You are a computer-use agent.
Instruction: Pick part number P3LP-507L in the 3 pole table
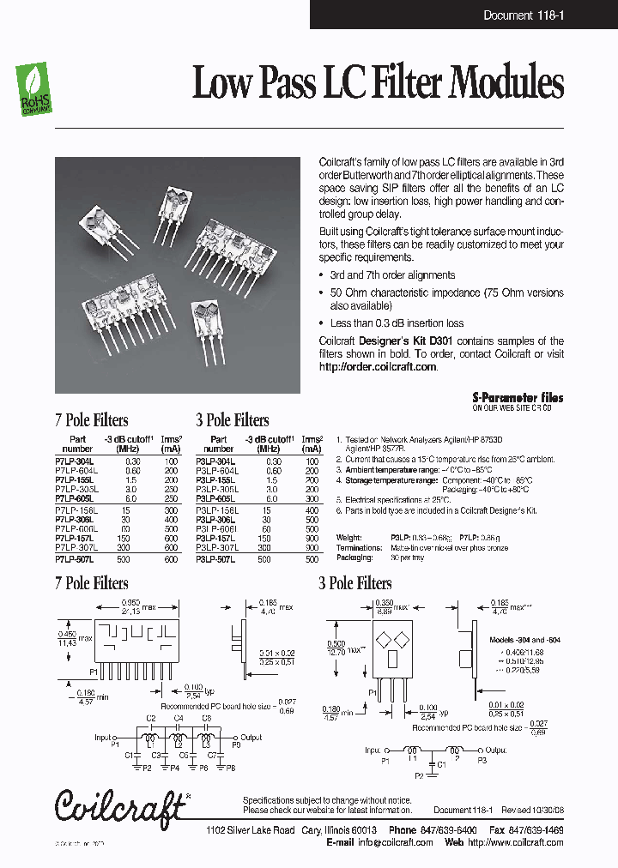pos(215,560)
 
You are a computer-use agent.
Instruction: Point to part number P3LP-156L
pos(215,509)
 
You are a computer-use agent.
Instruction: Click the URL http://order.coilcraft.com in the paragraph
pos(378,366)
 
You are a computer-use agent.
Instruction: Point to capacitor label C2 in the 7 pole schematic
pos(151,718)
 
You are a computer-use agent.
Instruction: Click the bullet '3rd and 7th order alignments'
pos(392,275)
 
